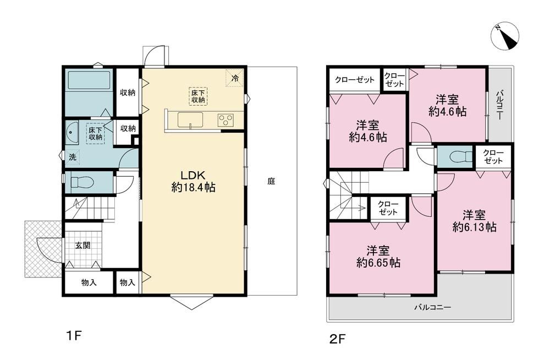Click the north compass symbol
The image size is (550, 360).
[505, 36]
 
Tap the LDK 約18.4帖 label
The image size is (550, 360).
[193, 181]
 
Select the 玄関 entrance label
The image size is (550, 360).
[83, 245]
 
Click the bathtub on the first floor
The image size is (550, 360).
[90, 80]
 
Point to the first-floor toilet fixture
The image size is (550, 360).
[82, 182]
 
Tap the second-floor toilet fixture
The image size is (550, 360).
[461, 157]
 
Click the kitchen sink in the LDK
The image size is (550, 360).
[190, 120]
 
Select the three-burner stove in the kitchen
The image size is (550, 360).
[226, 120]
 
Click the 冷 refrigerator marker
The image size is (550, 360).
[235, 78]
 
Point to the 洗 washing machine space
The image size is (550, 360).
[73, 157]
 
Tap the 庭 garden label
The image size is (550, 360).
[271, 181]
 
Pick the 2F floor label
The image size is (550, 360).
[338, 339]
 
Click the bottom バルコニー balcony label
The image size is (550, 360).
[433, 307]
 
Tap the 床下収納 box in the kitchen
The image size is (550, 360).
[198, 96]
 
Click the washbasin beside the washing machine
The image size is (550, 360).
[72, 133]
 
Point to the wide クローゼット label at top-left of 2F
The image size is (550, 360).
[355, 80]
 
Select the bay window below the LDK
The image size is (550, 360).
[192, 302]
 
